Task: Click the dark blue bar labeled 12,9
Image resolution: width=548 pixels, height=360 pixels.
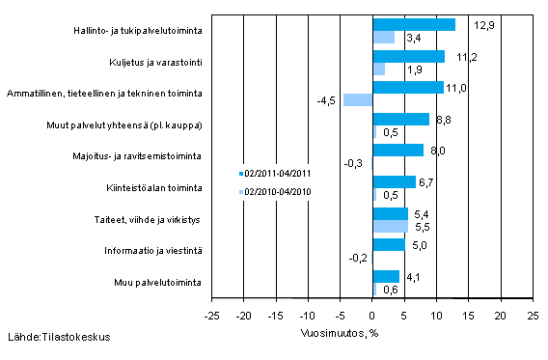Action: [x=414, y=24]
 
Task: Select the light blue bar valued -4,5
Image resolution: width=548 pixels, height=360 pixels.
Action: [x=358, y=99]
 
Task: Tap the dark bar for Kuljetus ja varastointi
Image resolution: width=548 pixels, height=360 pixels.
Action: [x=408, y=56]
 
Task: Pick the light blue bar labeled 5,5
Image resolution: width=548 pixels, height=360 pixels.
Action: [x=390, y=226]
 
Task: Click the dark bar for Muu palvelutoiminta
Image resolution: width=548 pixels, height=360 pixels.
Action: [x=385, y=276]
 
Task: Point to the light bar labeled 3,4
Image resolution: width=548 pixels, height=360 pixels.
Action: [x=383, y=38]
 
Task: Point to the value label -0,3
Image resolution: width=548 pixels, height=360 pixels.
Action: [x=354, y=163]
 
